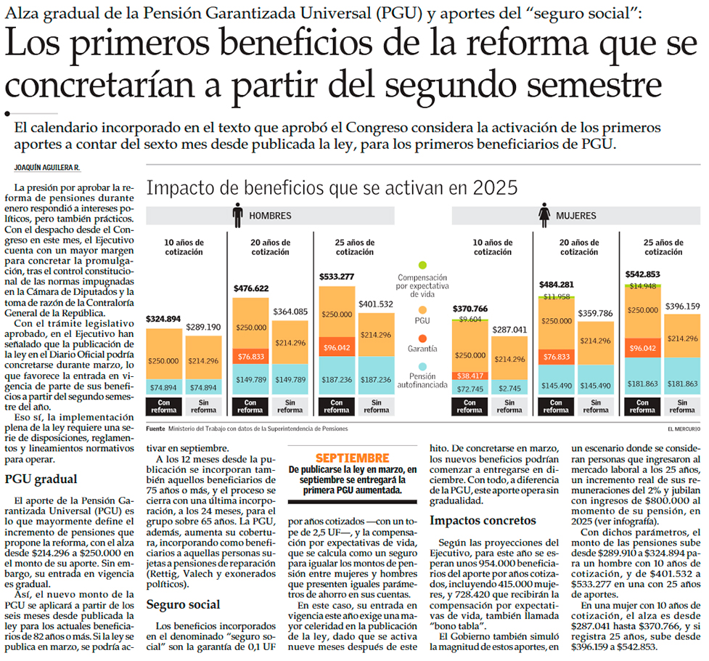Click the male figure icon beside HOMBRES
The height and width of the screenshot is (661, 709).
click(x=237, y=215)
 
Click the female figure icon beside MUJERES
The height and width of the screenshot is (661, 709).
click(x=544, y=215)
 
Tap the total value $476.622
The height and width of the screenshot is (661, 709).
click(x=251, y=288)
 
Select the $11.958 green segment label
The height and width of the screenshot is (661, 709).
click(x=556, y=296)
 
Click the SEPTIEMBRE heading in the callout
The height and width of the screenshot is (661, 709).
click(x=351, y=458)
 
